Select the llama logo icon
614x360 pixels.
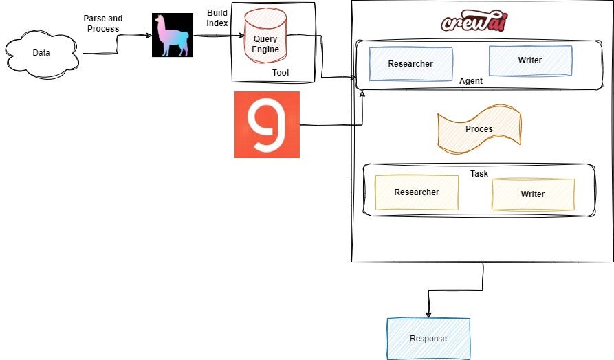173,36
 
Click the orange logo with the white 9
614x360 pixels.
267,124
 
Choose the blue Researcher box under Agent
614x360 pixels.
410,64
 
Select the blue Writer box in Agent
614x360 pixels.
529,60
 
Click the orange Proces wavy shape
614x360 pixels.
479,128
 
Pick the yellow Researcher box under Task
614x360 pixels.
416,192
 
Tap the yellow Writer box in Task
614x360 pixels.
532,194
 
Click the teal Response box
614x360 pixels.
428,338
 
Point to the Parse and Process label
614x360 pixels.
102,23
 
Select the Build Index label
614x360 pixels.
217,19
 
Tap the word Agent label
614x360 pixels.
471,81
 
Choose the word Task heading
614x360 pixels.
479,174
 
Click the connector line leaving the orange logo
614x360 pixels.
330,125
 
